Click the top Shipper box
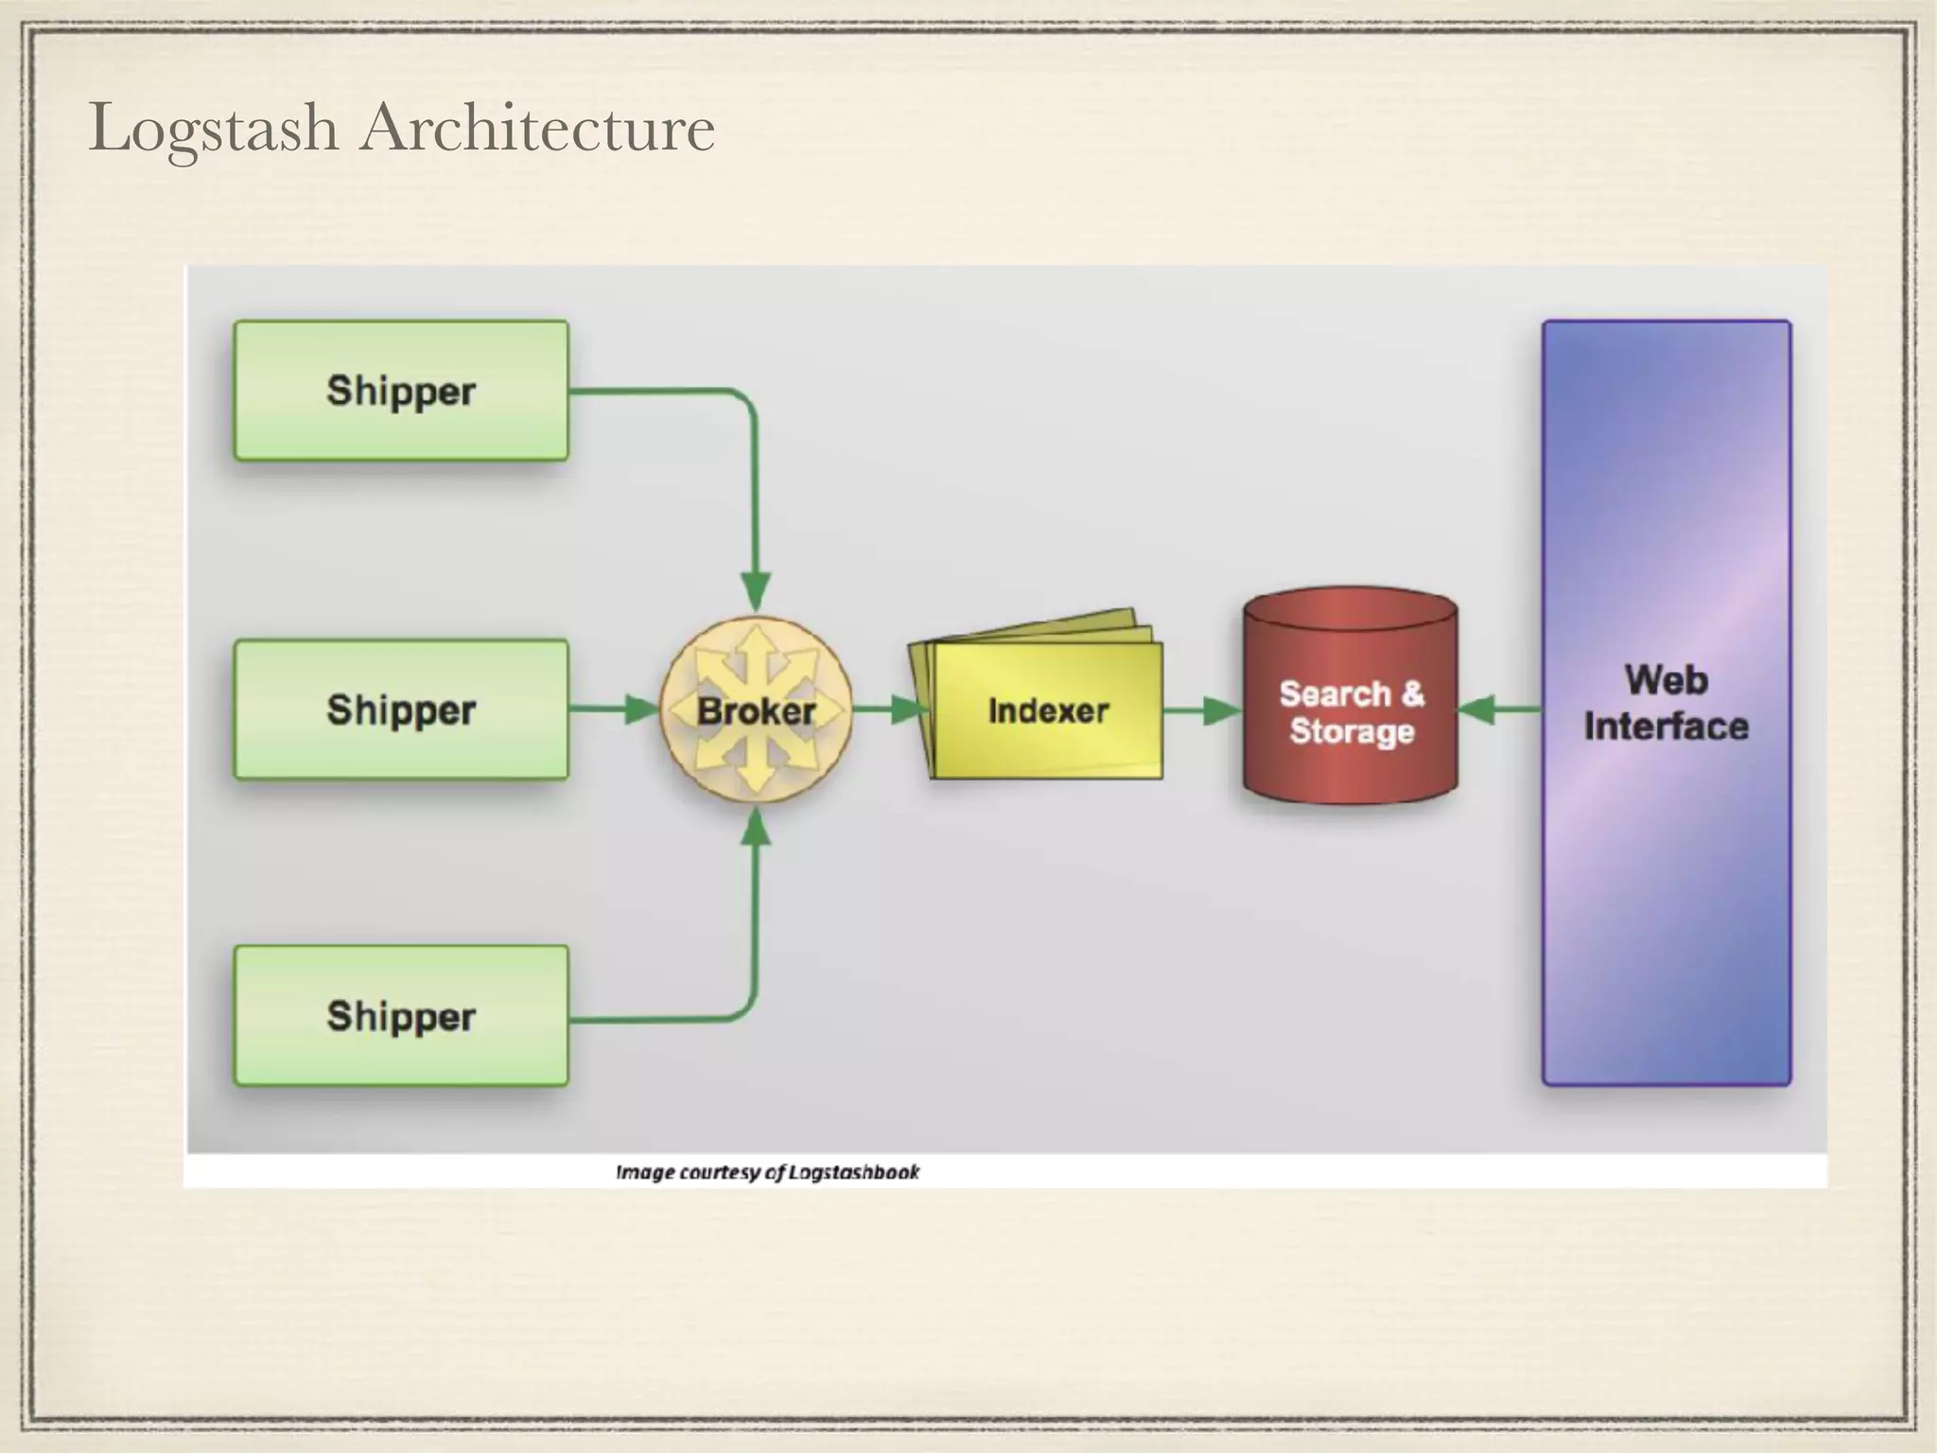tap(401, 391)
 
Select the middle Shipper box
tap(401, 709)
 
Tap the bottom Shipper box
tap(401, 1015)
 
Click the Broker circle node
tap(756, 710)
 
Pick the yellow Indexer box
tap(1047, 710)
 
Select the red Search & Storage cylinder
tap(1350, 700)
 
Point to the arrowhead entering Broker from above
tap(756, 590)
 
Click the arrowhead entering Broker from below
tap(756, 829)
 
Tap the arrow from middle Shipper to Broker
tap(615, 709)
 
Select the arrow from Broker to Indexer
tap(889, 709)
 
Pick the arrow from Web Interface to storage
tap(1499, 709)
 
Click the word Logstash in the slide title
tap(214, 130)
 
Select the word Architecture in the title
tap(537, 128)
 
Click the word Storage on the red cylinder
tap(1352, 731)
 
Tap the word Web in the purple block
tap(1667, 680)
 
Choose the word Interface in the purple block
tap(1667, 726)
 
